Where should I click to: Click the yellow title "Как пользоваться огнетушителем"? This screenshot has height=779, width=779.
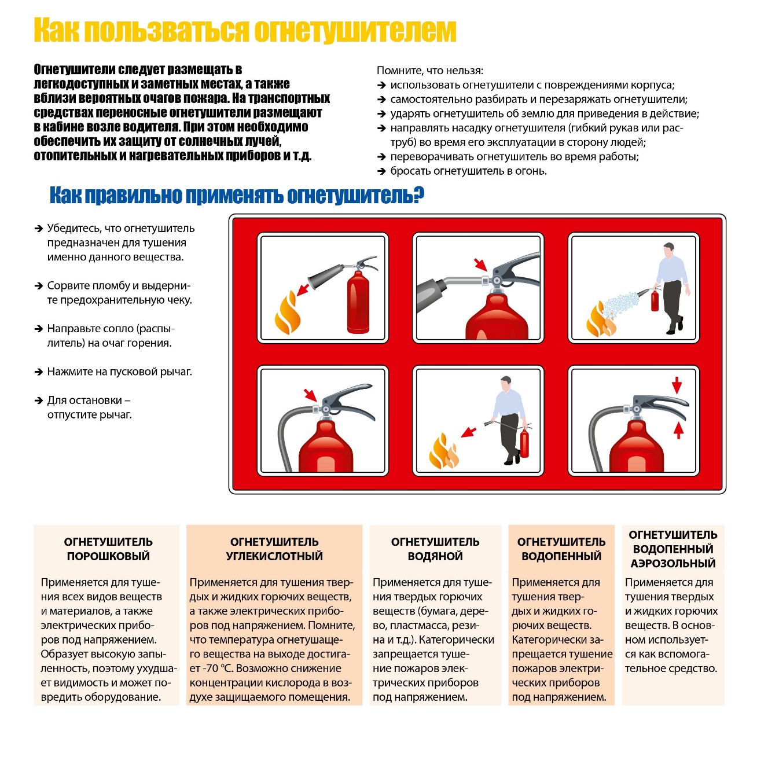point(245,30)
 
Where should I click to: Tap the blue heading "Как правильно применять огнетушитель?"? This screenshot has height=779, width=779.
point(237,196)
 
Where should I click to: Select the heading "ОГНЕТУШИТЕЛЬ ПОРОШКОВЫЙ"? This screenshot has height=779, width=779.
point(108,549)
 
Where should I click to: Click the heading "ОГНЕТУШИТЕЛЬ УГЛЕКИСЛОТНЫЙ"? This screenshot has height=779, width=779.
point(274,549)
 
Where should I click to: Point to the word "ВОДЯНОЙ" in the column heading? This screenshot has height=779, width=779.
point(435,556)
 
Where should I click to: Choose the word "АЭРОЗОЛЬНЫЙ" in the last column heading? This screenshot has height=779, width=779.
point(673,563)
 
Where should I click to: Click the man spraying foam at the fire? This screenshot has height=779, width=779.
point(673,286)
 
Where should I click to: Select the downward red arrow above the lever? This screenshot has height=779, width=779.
point(677,385)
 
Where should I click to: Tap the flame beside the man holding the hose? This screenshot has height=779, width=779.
point(443,451)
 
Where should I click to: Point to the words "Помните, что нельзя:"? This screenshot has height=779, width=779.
point(430,71)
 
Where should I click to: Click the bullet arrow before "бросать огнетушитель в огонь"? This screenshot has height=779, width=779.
point(381,171)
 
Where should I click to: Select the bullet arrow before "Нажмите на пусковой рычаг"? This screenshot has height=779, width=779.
point(38,372)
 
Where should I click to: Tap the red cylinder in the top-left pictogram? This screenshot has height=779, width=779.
point(358,304)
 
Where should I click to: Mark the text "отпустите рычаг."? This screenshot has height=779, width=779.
point(90,414)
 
